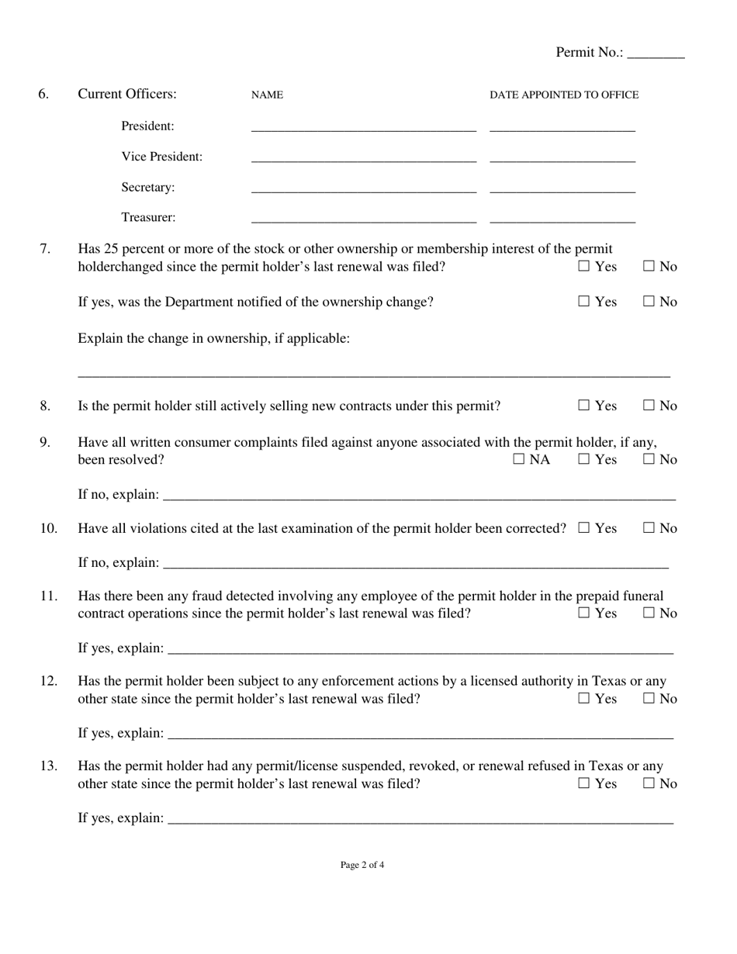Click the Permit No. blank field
(656, 54)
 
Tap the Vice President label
(161, 157)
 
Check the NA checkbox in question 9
(519, 460)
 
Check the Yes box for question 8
(584, 406)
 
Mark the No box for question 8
(649, 406)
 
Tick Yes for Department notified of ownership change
(584, 302)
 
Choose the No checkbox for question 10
(649, 528)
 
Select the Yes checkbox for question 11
(584, 614)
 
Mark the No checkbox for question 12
(649, 699)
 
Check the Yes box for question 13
(584, 784)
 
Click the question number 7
(45, 249)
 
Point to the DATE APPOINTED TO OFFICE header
(564, 95)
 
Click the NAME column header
(267, 95)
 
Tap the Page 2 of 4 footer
(362, 865)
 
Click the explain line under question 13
(420, 819)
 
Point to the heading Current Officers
(127, 94)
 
